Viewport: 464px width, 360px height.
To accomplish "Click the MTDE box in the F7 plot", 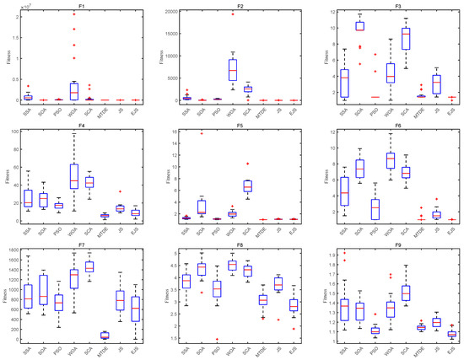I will point(105,335).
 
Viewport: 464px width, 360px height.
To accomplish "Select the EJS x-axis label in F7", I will point(136,351).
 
